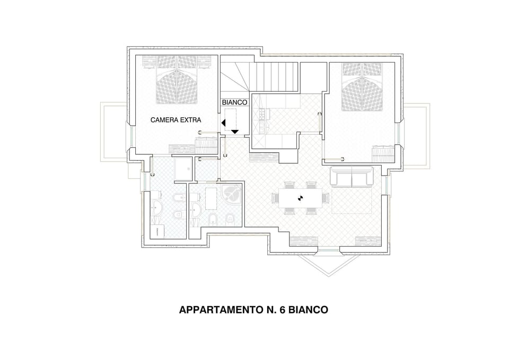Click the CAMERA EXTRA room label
coord(175,120)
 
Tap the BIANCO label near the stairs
coord(234,102)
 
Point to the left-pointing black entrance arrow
coord(224,123)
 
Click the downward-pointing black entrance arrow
coord(235,131)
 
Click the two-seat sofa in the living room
coord(352,177)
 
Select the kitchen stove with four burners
coord(263,113)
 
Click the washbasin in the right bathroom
coord(195,207)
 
